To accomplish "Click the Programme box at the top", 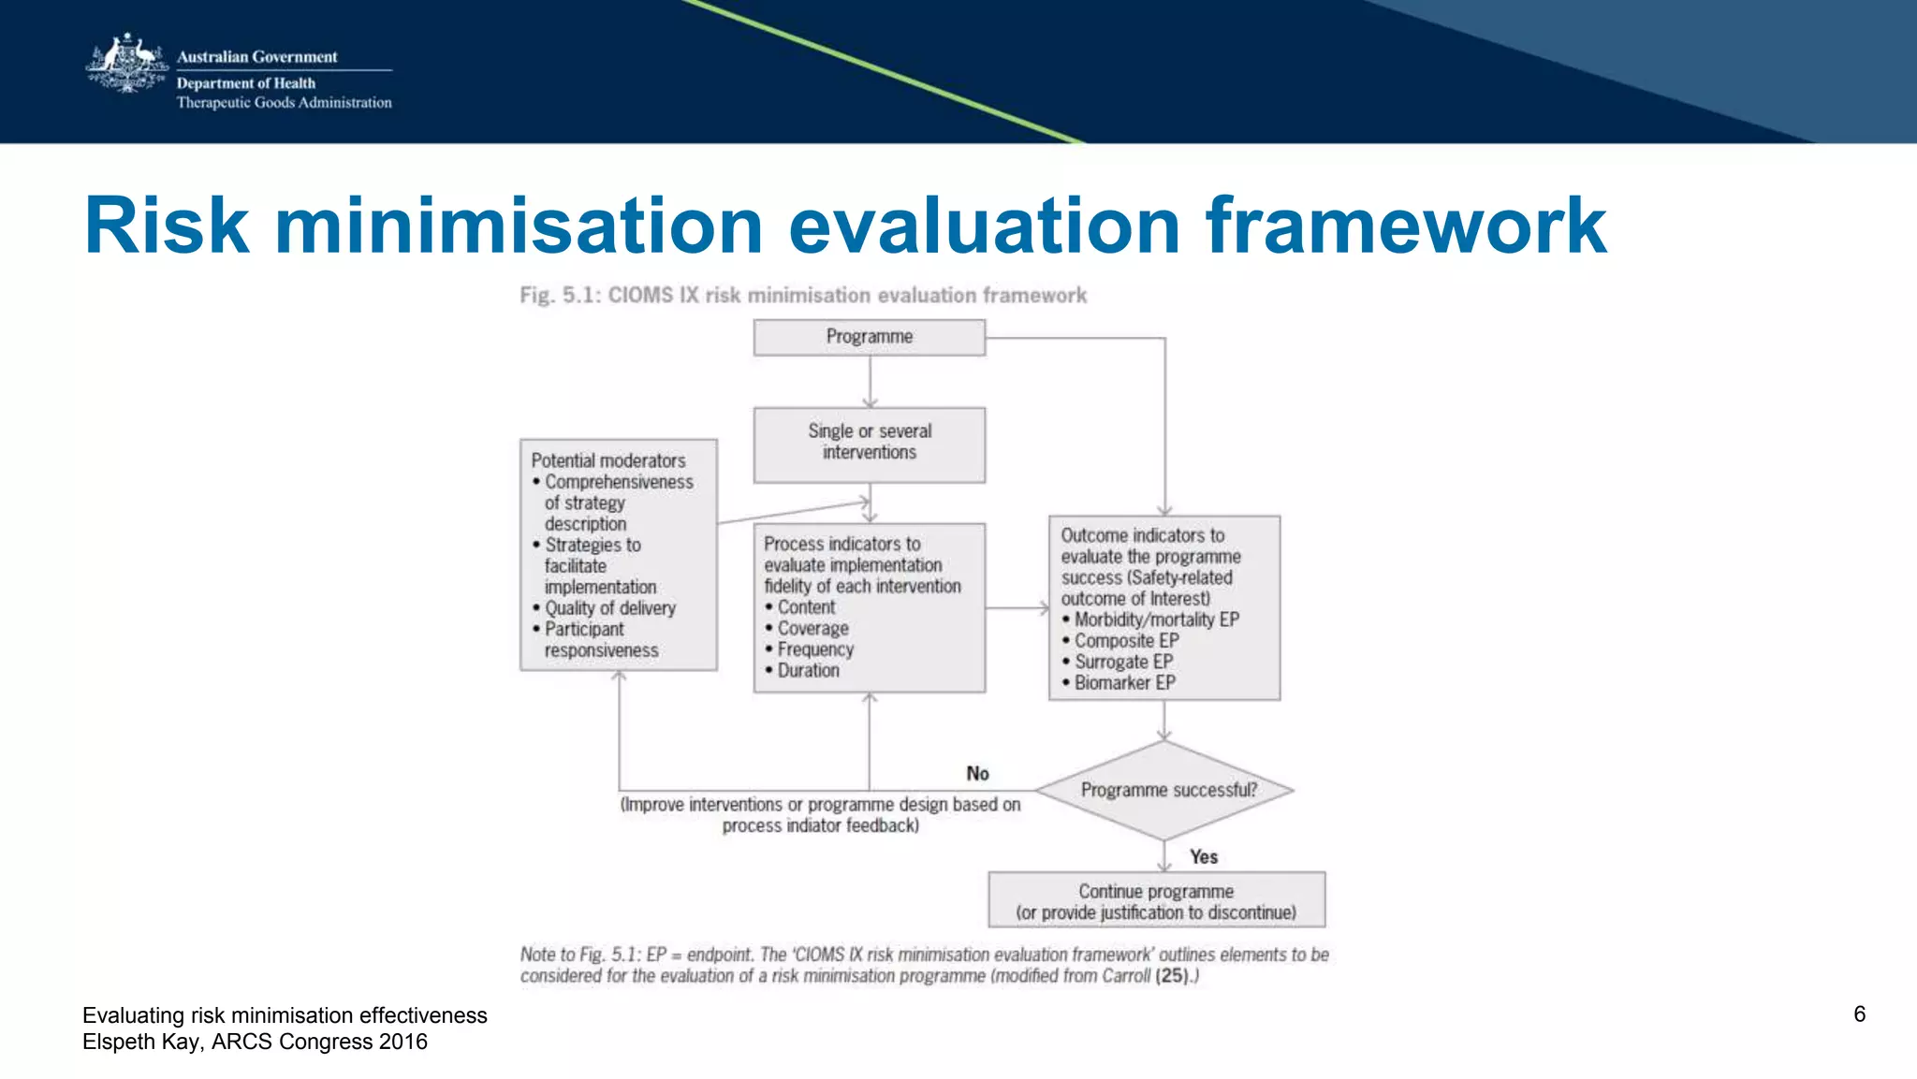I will (869, 337).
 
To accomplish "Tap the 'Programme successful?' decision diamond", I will (1165, 791).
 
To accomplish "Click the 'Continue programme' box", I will (1156, 900).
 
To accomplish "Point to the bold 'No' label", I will (977, 774).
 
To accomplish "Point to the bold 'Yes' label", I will (1203, 857).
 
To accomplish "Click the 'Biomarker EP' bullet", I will (1123, 683).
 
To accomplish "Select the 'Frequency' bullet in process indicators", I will (814, 649).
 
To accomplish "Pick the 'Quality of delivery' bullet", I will (609, 608).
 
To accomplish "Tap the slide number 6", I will (1859, 1014).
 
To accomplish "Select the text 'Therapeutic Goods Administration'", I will (284, 103).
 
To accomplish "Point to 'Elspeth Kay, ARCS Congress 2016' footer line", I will (255, 1042).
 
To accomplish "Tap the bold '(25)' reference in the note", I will (1171, 976).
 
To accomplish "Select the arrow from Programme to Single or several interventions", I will (870, 382).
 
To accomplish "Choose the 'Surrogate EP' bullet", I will (1122, 662).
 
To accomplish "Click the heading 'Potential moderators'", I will (607, 460).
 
